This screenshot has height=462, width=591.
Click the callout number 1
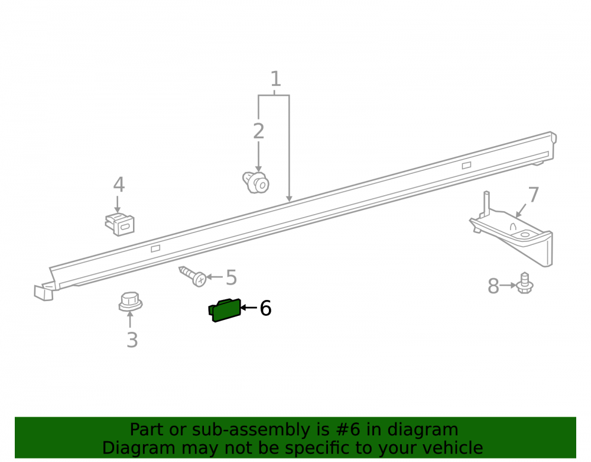tap(275, 79)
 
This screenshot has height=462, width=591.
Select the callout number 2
tap(259, 131)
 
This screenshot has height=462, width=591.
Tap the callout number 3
tap(132, 340)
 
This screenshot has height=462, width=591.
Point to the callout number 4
tap(119, 185)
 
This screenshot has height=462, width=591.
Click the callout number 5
tap(231, 277)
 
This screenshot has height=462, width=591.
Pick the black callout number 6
tap(266, 308)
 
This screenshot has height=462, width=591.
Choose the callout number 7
tap(533, 195)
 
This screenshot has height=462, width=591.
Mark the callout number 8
tap(493, 286)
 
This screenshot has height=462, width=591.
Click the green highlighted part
tap(225, 310)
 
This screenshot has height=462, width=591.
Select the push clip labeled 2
tap(256, 183)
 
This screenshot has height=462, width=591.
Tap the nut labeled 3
tap(131, 302)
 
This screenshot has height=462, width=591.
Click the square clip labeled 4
tap(120, 224)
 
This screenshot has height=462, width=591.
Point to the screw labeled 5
tap(193, 276)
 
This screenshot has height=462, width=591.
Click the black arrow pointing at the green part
tap(249, 308)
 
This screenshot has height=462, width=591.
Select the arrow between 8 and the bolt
tap(508, 286)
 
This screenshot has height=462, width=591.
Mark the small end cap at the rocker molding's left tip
tap(44, 293)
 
